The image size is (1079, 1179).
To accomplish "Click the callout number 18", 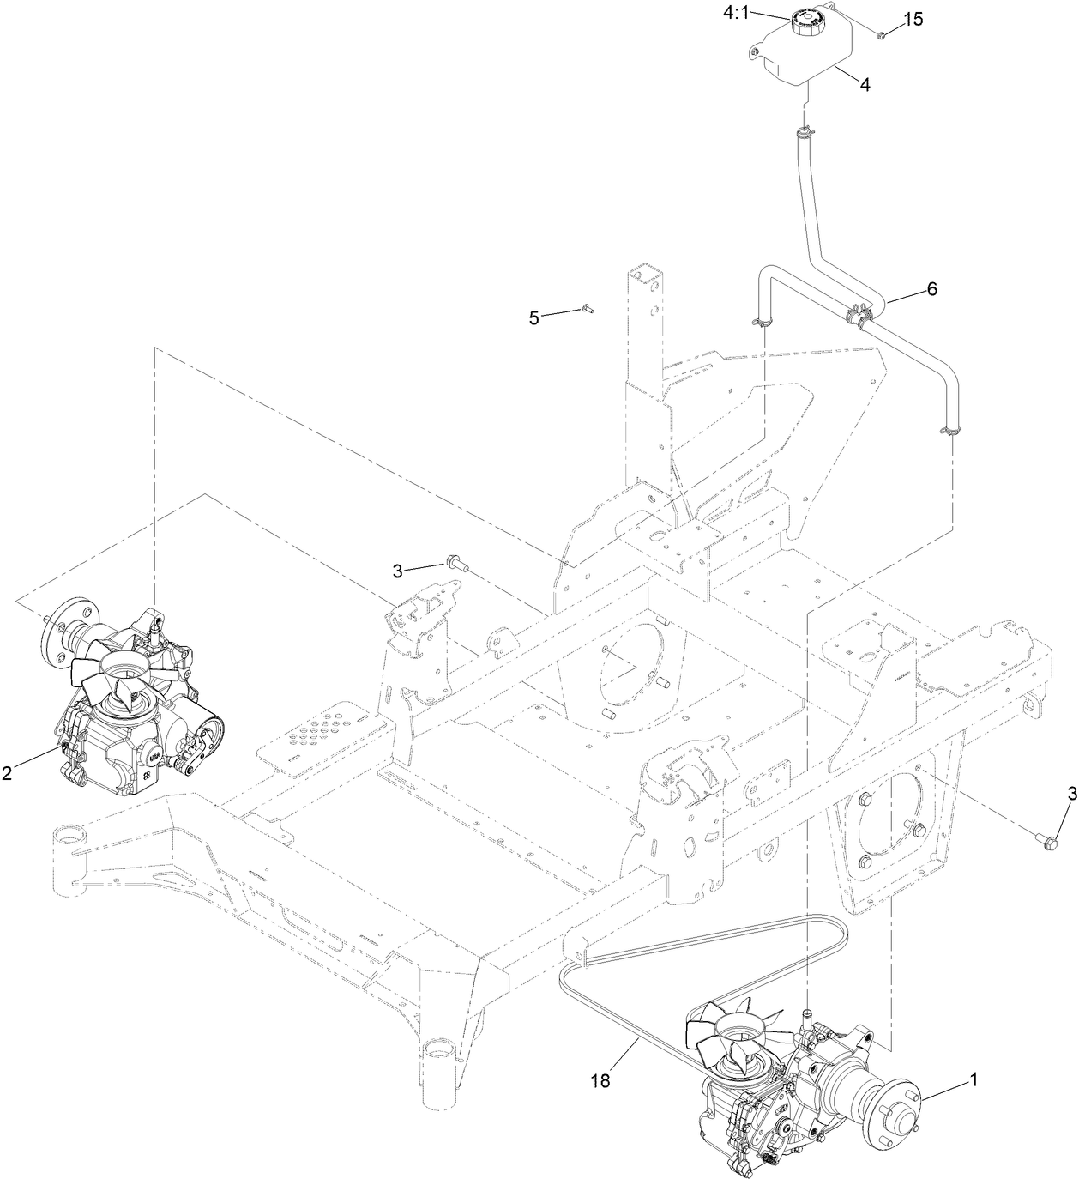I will (x=600, y=1081).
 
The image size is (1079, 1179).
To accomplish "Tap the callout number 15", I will (x=913, y=19).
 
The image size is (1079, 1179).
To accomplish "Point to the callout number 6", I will (x=931, y=289).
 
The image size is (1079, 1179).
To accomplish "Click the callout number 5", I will (x=534, y=318).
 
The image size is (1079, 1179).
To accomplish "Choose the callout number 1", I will (x=973, y=1082).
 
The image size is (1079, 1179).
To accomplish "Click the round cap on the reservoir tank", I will (x=810, y=19).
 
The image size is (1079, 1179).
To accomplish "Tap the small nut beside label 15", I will (x=881, y=34).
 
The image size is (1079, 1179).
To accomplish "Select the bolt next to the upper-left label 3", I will (x=455, y=564).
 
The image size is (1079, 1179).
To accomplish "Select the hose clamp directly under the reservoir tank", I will (x=804, y=132).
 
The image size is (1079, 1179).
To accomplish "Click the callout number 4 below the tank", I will (x=865, y=85).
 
